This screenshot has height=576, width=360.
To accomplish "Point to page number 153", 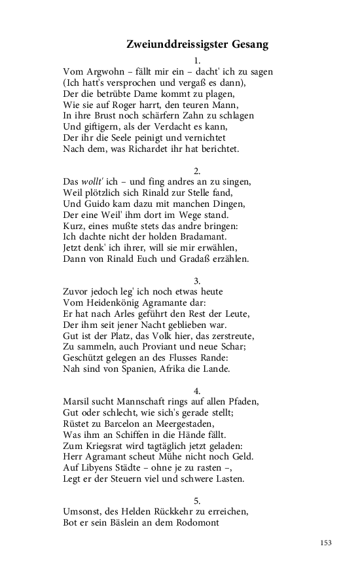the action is pyautogui.click(x=327, y=543).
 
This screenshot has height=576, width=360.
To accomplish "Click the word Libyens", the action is pyautogui.click(x=103, y=467).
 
